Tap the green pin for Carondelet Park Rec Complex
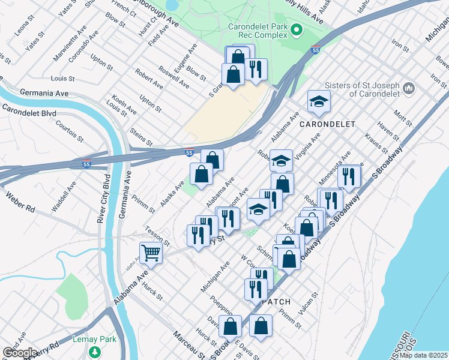click(295, 29)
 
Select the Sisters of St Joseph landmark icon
click(409, 88)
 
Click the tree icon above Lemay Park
click(93, 350)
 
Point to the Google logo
click(19, 353)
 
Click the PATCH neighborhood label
click(276, 302)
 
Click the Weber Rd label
click(21, 202)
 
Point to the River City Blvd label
click(102, 198)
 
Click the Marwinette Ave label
click(66, 37)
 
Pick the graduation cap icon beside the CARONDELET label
click(319, 101)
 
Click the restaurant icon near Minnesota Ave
click(349, 176)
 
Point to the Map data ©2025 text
click(424, 355)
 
